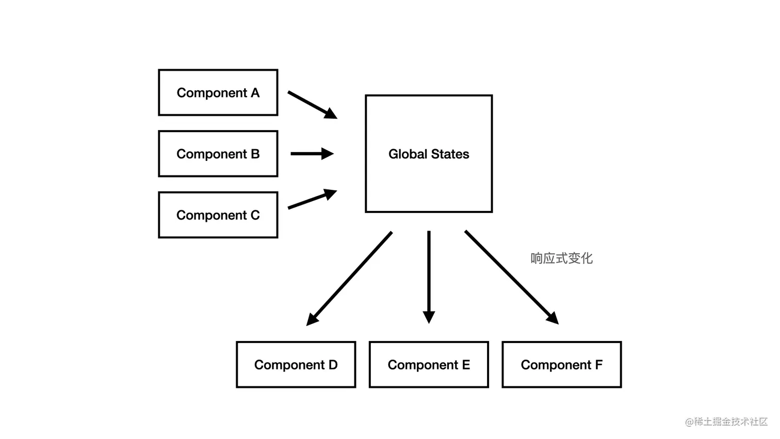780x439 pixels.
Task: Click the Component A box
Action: click(218, 92)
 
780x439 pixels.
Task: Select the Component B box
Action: click(218, 154)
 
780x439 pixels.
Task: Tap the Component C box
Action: click(218, 215)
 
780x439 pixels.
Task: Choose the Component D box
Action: click(296, 364)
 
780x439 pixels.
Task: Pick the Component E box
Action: click(429, 364)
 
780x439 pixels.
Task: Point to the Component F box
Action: click(561, 364)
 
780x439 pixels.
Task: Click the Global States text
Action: click(429, 154)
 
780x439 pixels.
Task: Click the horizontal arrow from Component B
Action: click(312, 153)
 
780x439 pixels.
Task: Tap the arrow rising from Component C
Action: click(312, 199)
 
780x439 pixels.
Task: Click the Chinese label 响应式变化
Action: click(561, 258)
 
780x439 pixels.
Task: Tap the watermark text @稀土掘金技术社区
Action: click(726, 421)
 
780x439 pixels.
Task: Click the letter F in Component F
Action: click(598, 365)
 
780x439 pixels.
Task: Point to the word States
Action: click(450, 154)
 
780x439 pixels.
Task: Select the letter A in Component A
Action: click(255, 93)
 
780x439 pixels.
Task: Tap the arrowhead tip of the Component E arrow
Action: click(429, 322)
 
